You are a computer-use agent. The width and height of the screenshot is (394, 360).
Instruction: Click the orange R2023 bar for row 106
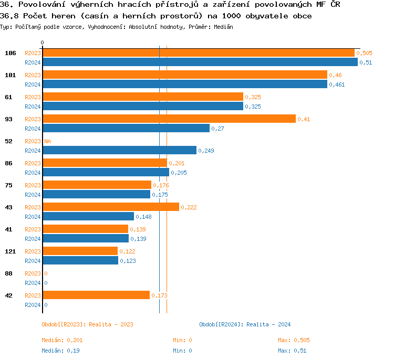tap(199, 53)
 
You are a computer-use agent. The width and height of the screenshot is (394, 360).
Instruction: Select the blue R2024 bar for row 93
tap(126, 128)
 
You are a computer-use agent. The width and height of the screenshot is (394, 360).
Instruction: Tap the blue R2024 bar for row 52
tap(120, 150)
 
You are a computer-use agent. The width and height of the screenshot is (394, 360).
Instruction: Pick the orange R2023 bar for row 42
tap(96, 295)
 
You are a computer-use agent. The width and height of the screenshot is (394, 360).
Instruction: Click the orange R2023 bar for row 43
tap(111, 207)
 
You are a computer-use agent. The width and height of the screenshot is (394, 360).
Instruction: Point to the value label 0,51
tap(366, 62)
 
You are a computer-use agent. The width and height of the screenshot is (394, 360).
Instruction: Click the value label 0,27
tap(217, 129)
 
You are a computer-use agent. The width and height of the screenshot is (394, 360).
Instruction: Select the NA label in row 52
tap(47, 141)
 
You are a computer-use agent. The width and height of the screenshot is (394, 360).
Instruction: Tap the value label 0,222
tap(189, 207)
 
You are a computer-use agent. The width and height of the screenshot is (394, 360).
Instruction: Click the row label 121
tap(10, 251)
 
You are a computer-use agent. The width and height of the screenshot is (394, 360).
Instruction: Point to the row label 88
tap(8, 273)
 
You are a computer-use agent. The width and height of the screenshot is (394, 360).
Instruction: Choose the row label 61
tap(8, 97)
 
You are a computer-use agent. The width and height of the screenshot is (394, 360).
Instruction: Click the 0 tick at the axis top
tap(43, 43)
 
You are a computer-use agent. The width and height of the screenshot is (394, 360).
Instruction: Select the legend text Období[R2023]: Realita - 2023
tap(87, 324)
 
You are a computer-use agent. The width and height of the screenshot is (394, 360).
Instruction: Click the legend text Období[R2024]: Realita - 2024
tap(245, 324)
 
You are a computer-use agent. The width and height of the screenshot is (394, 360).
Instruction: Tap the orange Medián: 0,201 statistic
tap(62, 340)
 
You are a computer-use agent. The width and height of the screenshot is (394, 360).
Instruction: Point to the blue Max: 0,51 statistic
tap(292, 351)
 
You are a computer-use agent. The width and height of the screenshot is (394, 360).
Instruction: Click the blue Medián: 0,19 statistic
tap(60, 351)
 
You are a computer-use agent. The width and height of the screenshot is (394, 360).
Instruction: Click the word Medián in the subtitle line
tap(224, 27)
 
